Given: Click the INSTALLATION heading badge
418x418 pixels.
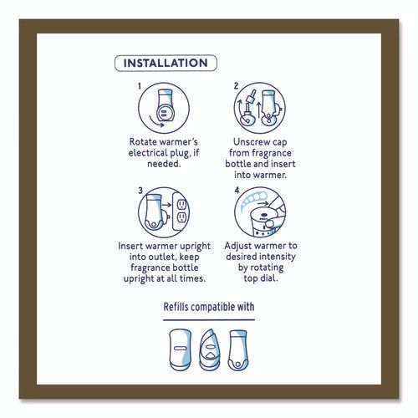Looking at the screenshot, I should click(166, 63).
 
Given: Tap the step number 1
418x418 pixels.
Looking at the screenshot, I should click(139, 86).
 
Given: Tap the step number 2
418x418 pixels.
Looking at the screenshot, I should click(237, 86).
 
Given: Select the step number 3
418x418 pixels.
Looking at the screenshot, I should click(140, 191).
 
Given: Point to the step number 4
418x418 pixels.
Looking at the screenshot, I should click(237, 191).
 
